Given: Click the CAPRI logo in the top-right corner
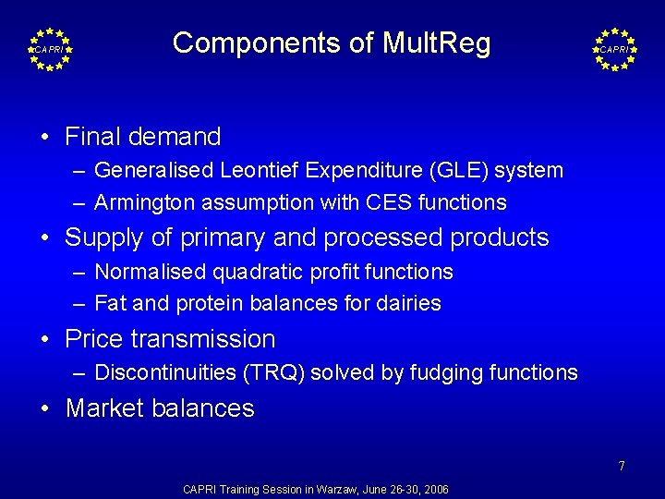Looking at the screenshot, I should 614,48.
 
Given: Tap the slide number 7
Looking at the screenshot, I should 622,467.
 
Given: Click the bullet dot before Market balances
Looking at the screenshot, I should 45,408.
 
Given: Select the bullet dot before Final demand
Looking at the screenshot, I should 45,138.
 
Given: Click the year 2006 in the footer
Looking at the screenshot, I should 436,489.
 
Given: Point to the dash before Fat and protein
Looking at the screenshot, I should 80,303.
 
